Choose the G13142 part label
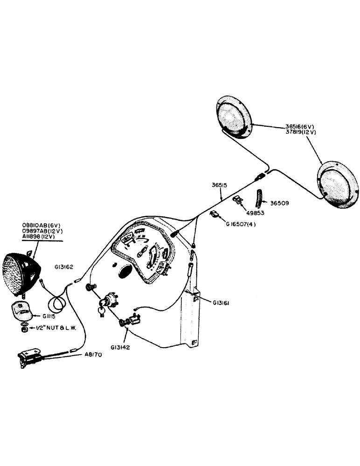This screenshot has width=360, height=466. click(x=121, y=347)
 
